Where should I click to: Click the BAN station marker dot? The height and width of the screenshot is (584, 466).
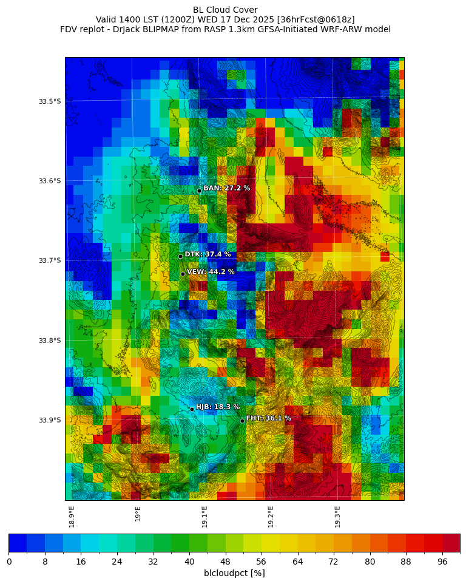click(x=199, y=191)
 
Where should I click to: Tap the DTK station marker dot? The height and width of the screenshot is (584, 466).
click(x=180, y=256)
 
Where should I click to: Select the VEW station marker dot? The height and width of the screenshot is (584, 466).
click(x=183, y=274)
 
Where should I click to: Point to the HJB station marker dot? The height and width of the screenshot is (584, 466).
click(x=192, y=409)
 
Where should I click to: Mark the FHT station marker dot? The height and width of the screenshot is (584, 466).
click(x=242, y=421)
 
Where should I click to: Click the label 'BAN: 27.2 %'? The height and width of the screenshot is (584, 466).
click(x=226, y=188)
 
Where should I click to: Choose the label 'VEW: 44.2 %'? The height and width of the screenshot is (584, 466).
click(x=211, y=272)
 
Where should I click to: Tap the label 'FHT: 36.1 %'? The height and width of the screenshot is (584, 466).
click(x=268, y=418)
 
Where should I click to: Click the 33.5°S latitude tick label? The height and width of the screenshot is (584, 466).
click(x=50, y=101)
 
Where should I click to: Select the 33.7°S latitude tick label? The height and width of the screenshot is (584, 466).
click(x=50, y=260)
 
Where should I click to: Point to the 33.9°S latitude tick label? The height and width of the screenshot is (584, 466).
click(x=50, y=420)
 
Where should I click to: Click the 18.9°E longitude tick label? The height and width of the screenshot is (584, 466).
click(x=72, y=517)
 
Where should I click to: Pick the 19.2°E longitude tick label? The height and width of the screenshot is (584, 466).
click(x=271, y=517)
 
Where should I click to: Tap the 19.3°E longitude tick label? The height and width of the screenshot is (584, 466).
click(x=337, y=517)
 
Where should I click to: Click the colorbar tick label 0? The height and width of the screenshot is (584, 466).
click(x=9, y=562)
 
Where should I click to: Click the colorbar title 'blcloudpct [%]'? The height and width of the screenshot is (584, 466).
click(x=234, y=573)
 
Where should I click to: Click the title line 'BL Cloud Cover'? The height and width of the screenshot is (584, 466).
click(x=225, y=10)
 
